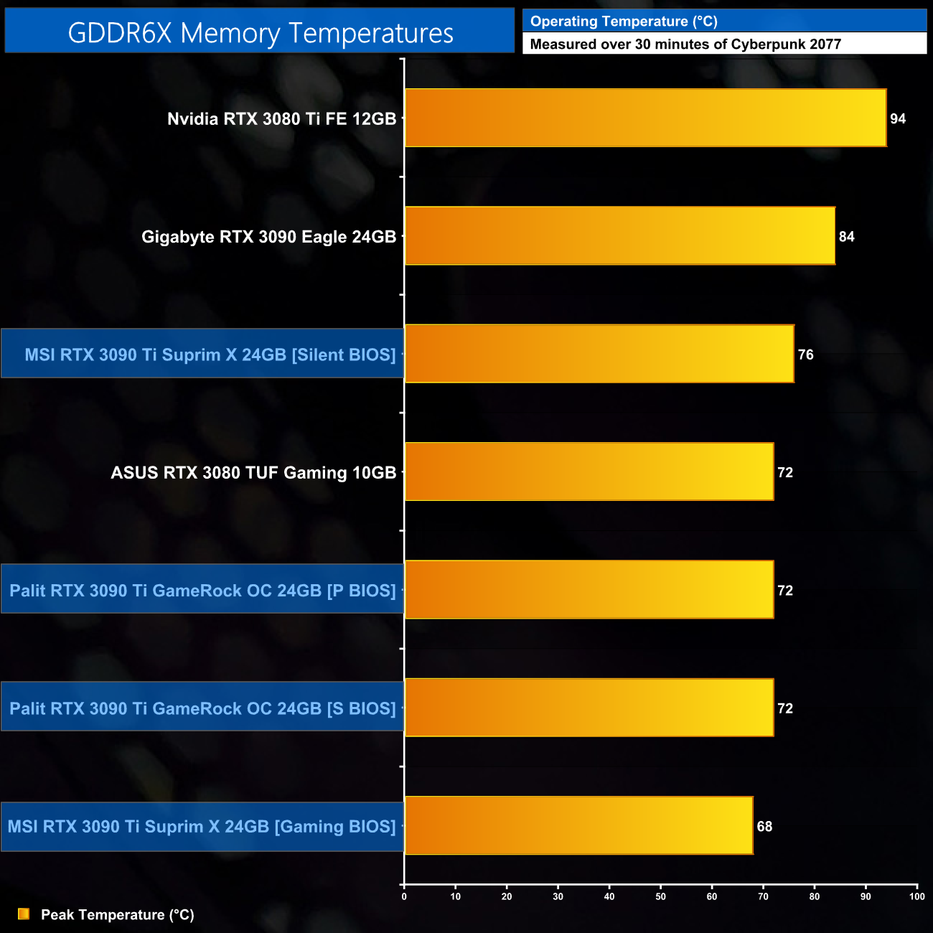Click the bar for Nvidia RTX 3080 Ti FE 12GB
646,118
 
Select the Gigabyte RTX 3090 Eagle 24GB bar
620,236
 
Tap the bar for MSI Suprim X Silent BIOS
599,354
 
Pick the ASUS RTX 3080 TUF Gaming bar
589,472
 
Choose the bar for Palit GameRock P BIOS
589,589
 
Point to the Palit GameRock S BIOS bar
589,708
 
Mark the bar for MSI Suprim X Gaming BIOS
579,825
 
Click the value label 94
898,118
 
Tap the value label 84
847,237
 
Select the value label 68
764,827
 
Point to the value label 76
805,355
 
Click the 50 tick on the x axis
660,896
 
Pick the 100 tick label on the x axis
916,896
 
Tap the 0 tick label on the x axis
404,896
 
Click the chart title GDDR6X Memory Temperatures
261,33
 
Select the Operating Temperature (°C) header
624,22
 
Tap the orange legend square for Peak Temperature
24,914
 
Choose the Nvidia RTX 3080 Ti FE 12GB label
281,119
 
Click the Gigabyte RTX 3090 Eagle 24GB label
268,237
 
